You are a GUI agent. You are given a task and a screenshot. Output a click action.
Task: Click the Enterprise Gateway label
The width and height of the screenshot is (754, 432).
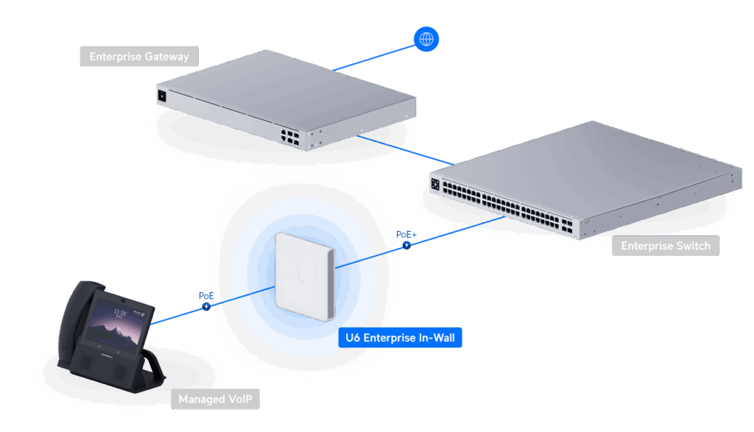click(x=139, y=57)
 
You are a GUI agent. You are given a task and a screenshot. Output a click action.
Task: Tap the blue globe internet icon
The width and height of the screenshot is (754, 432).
click(x=426, y=38)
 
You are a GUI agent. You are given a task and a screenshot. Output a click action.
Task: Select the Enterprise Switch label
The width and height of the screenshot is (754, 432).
click(x=665, y=246)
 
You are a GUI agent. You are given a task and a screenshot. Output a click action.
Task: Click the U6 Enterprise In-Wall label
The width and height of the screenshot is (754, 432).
click(x=401, y=338)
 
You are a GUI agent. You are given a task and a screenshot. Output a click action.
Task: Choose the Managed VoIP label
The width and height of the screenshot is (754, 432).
click(x=218, y=400)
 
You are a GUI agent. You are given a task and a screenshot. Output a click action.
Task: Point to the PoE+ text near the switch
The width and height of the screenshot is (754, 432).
click(x=406, y=233)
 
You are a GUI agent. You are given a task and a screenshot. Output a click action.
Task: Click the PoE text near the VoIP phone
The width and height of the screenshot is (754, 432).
click(x=206, y=294)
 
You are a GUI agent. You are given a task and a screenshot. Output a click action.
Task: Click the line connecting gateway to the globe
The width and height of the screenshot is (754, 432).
click(x=376, y=57)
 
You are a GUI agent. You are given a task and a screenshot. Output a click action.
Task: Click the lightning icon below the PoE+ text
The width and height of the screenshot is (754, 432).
click(x=406, y=244)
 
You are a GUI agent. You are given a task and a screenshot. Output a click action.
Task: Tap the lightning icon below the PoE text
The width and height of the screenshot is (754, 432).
click(x=206, y=305)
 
